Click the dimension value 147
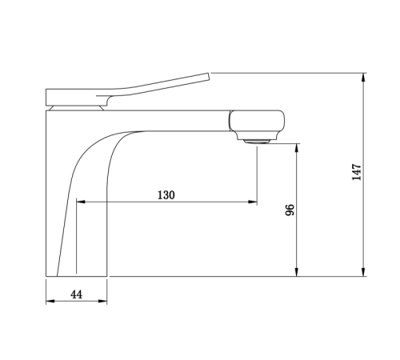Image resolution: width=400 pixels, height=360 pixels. tap(357, 172)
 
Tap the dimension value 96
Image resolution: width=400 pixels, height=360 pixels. tap(290, 210)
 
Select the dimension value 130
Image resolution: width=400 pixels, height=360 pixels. tap(166, 195)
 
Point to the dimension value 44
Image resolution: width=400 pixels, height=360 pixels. tap(77, 294)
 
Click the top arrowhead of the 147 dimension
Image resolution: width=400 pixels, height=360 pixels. tap(363, 77)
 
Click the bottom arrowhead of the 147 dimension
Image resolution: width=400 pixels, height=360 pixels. tap(363, 272)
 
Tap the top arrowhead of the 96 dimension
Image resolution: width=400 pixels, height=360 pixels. tap(297, 148)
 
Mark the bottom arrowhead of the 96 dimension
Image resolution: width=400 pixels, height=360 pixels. tap(297, 272)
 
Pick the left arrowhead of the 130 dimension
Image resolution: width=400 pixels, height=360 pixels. tap(81, 202)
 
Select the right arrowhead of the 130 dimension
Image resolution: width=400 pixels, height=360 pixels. tap(253, 202)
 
